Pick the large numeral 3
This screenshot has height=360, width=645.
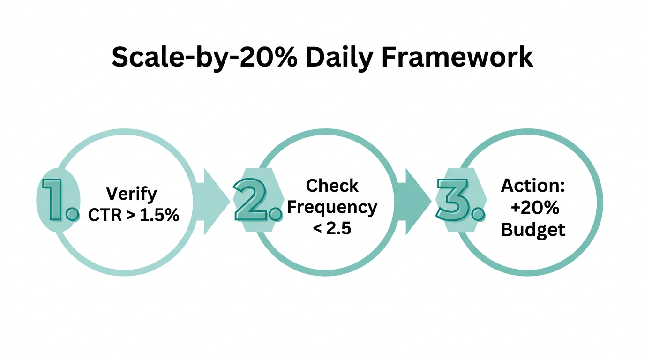pyautogui.click(x=452, y=199)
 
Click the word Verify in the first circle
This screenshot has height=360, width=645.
pyautogui.click(x=132, y=193)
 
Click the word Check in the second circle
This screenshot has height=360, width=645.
pyautogui.click(x=332, y=186)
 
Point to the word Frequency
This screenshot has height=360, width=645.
pyautogui.click(x=332, y=207)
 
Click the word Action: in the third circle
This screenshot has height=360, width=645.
pyautogui.click(x=533, y=186)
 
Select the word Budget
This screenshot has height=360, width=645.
pyautogui.click(x=533, y=230)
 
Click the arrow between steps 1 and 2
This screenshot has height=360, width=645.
pyautogui.click(x=212, y=202)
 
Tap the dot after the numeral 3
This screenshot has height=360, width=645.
pyautogui.click(x=477, y=215)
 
